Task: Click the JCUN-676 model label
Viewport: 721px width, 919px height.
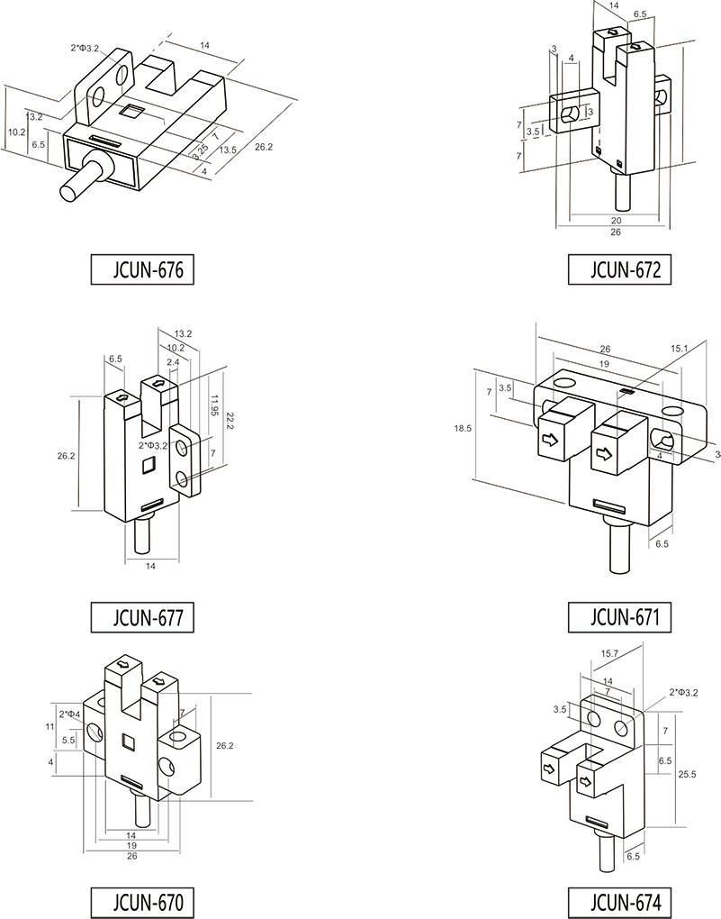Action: pyautogui.click(x=144, y=269)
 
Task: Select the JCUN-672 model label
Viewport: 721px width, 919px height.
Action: pyautogui.click(x=620, y=269)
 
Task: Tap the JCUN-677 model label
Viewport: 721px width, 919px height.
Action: pyautogui.click(x=144, y=618)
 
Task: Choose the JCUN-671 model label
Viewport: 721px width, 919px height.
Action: pyautogui.click(x=620, y=618)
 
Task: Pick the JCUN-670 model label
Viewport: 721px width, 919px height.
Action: pyautogui.click(x=144, y=902)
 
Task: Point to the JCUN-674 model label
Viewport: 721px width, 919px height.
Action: pyautogui.click(x=620, y=902)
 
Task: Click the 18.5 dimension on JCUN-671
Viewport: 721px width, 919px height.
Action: pyautogui.click(x=464, y=430)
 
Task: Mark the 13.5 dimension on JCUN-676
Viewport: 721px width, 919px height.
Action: pyautogui.click(x=229, y=150)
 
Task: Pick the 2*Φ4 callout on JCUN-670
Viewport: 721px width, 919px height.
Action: pyautogui.click(x=69, y=714)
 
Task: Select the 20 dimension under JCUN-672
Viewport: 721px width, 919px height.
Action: pyautogui.click(x=616, y=220)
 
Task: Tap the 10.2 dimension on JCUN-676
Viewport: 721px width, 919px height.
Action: pyautogui.click(x=16, y=132)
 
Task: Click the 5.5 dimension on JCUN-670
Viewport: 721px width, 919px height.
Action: pyautogui.click(x=68, y=739)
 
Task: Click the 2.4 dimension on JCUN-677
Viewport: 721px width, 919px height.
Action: pyautogui.click(x=174, y=362)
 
